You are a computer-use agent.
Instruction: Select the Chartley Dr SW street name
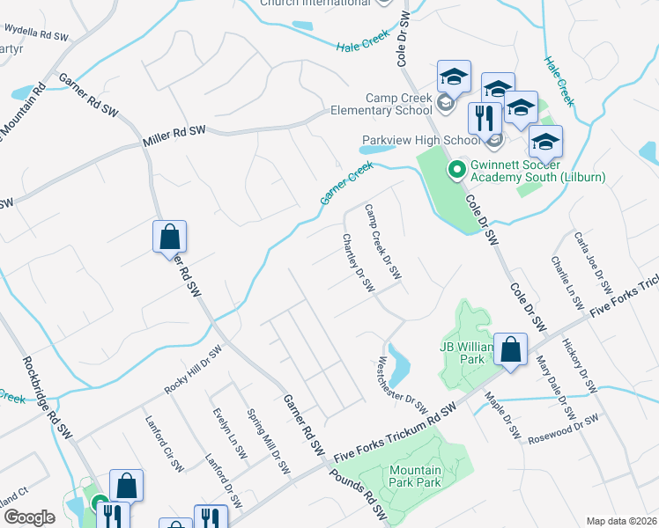pyautogui.click(x=359, y=263)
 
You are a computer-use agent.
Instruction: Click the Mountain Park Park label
pyautogui.click(x=415, y=476)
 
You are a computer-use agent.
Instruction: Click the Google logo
pyautogui.click(x=30, y=517)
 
